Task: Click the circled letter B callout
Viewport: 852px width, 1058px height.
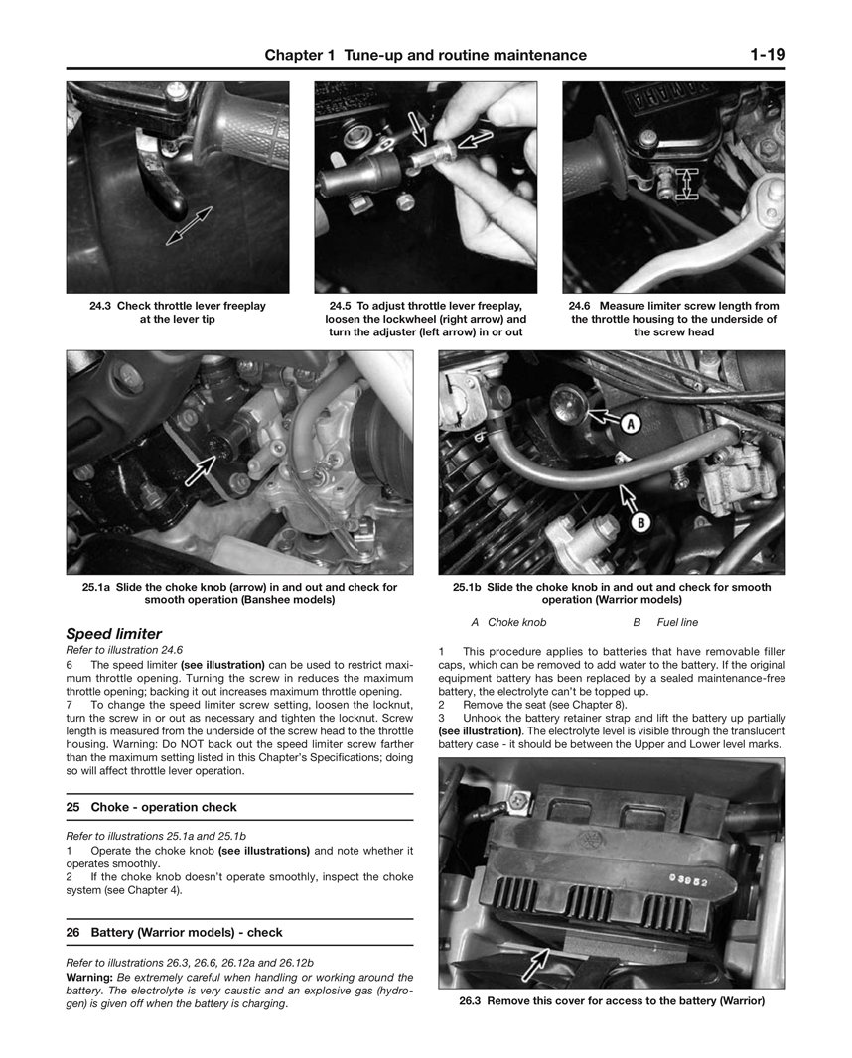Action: [641, 520]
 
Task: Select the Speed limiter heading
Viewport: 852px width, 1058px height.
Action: [113, 634]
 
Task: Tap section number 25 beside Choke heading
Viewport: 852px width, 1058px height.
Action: [72, 808]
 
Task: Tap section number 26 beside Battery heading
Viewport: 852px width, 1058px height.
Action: [72, 933]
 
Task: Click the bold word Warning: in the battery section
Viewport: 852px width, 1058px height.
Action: [90, 977]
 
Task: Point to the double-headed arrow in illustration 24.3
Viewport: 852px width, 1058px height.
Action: [189, 225]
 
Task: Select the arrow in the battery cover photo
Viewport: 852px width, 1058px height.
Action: [535, 961]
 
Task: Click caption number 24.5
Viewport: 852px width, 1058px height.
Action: [340, 307]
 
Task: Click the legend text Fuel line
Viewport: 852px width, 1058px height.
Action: [677, 623]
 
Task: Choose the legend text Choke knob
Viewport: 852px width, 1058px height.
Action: [516, 623]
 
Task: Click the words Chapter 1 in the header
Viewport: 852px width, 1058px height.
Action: [301, 56]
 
